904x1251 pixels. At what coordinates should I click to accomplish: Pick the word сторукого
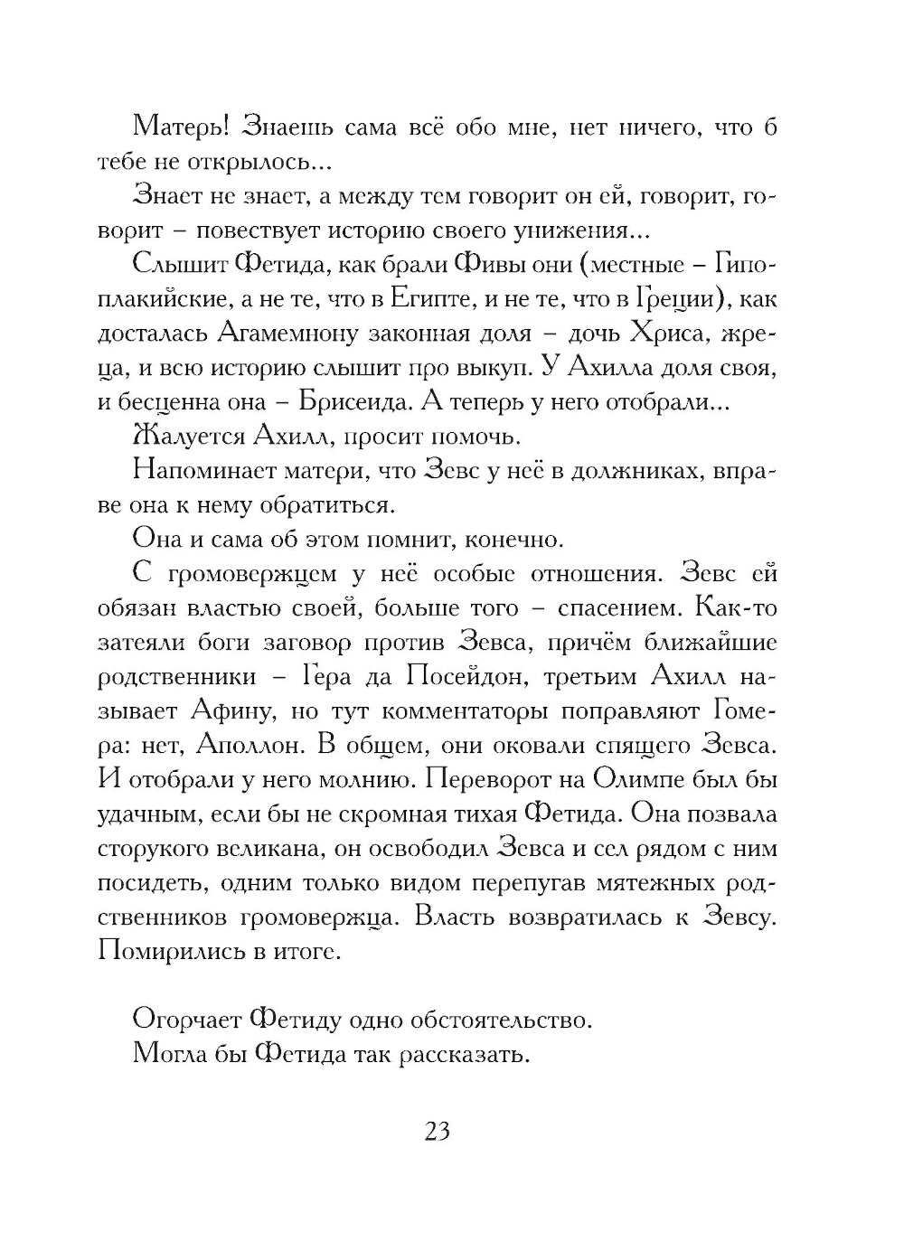tap(159, 849)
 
